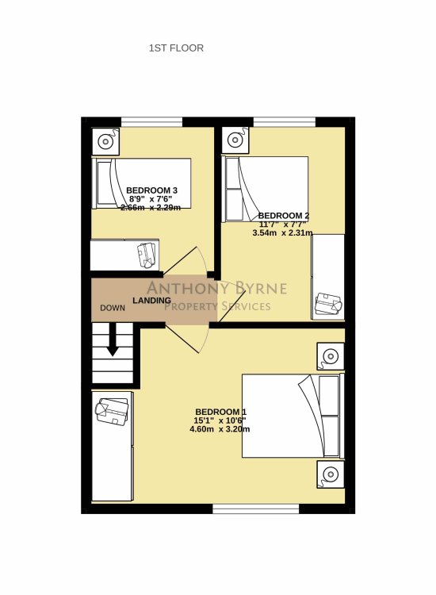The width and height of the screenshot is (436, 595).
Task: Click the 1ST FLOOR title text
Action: click(x=176, y=48)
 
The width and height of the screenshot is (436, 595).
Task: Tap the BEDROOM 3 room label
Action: click(x=151, y=190)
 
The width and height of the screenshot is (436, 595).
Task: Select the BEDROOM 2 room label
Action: click(x=284, y=216)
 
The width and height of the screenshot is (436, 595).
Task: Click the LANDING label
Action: click(x=151, y=300)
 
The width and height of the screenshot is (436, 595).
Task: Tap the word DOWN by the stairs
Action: click(x=113, y=308)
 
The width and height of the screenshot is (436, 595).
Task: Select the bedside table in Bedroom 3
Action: click(x=105, y=141)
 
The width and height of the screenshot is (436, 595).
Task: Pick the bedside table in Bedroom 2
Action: click(x=235, y=140)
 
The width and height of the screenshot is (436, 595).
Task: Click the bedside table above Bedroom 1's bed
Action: click(x=331, y=356)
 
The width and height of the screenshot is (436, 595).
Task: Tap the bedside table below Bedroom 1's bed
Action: click(x=331, y=474)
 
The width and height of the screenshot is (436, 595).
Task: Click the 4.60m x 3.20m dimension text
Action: click(x=220, y=429)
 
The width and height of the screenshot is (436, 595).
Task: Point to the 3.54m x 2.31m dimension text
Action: click(x=282, y=233)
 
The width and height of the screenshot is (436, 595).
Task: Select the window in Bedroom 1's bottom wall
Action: click(x=256, y=509)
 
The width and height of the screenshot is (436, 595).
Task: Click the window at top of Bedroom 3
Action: click(x=151, y=122)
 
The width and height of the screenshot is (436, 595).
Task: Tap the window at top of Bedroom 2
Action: click(x=285, y=122)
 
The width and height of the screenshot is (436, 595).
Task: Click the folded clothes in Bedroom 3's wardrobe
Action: click(x=147, y=255)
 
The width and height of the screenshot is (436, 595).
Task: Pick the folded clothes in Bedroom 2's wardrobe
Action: click(x=328, y=304)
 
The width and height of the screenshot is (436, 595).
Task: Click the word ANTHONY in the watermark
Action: click(x=183, y=289)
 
